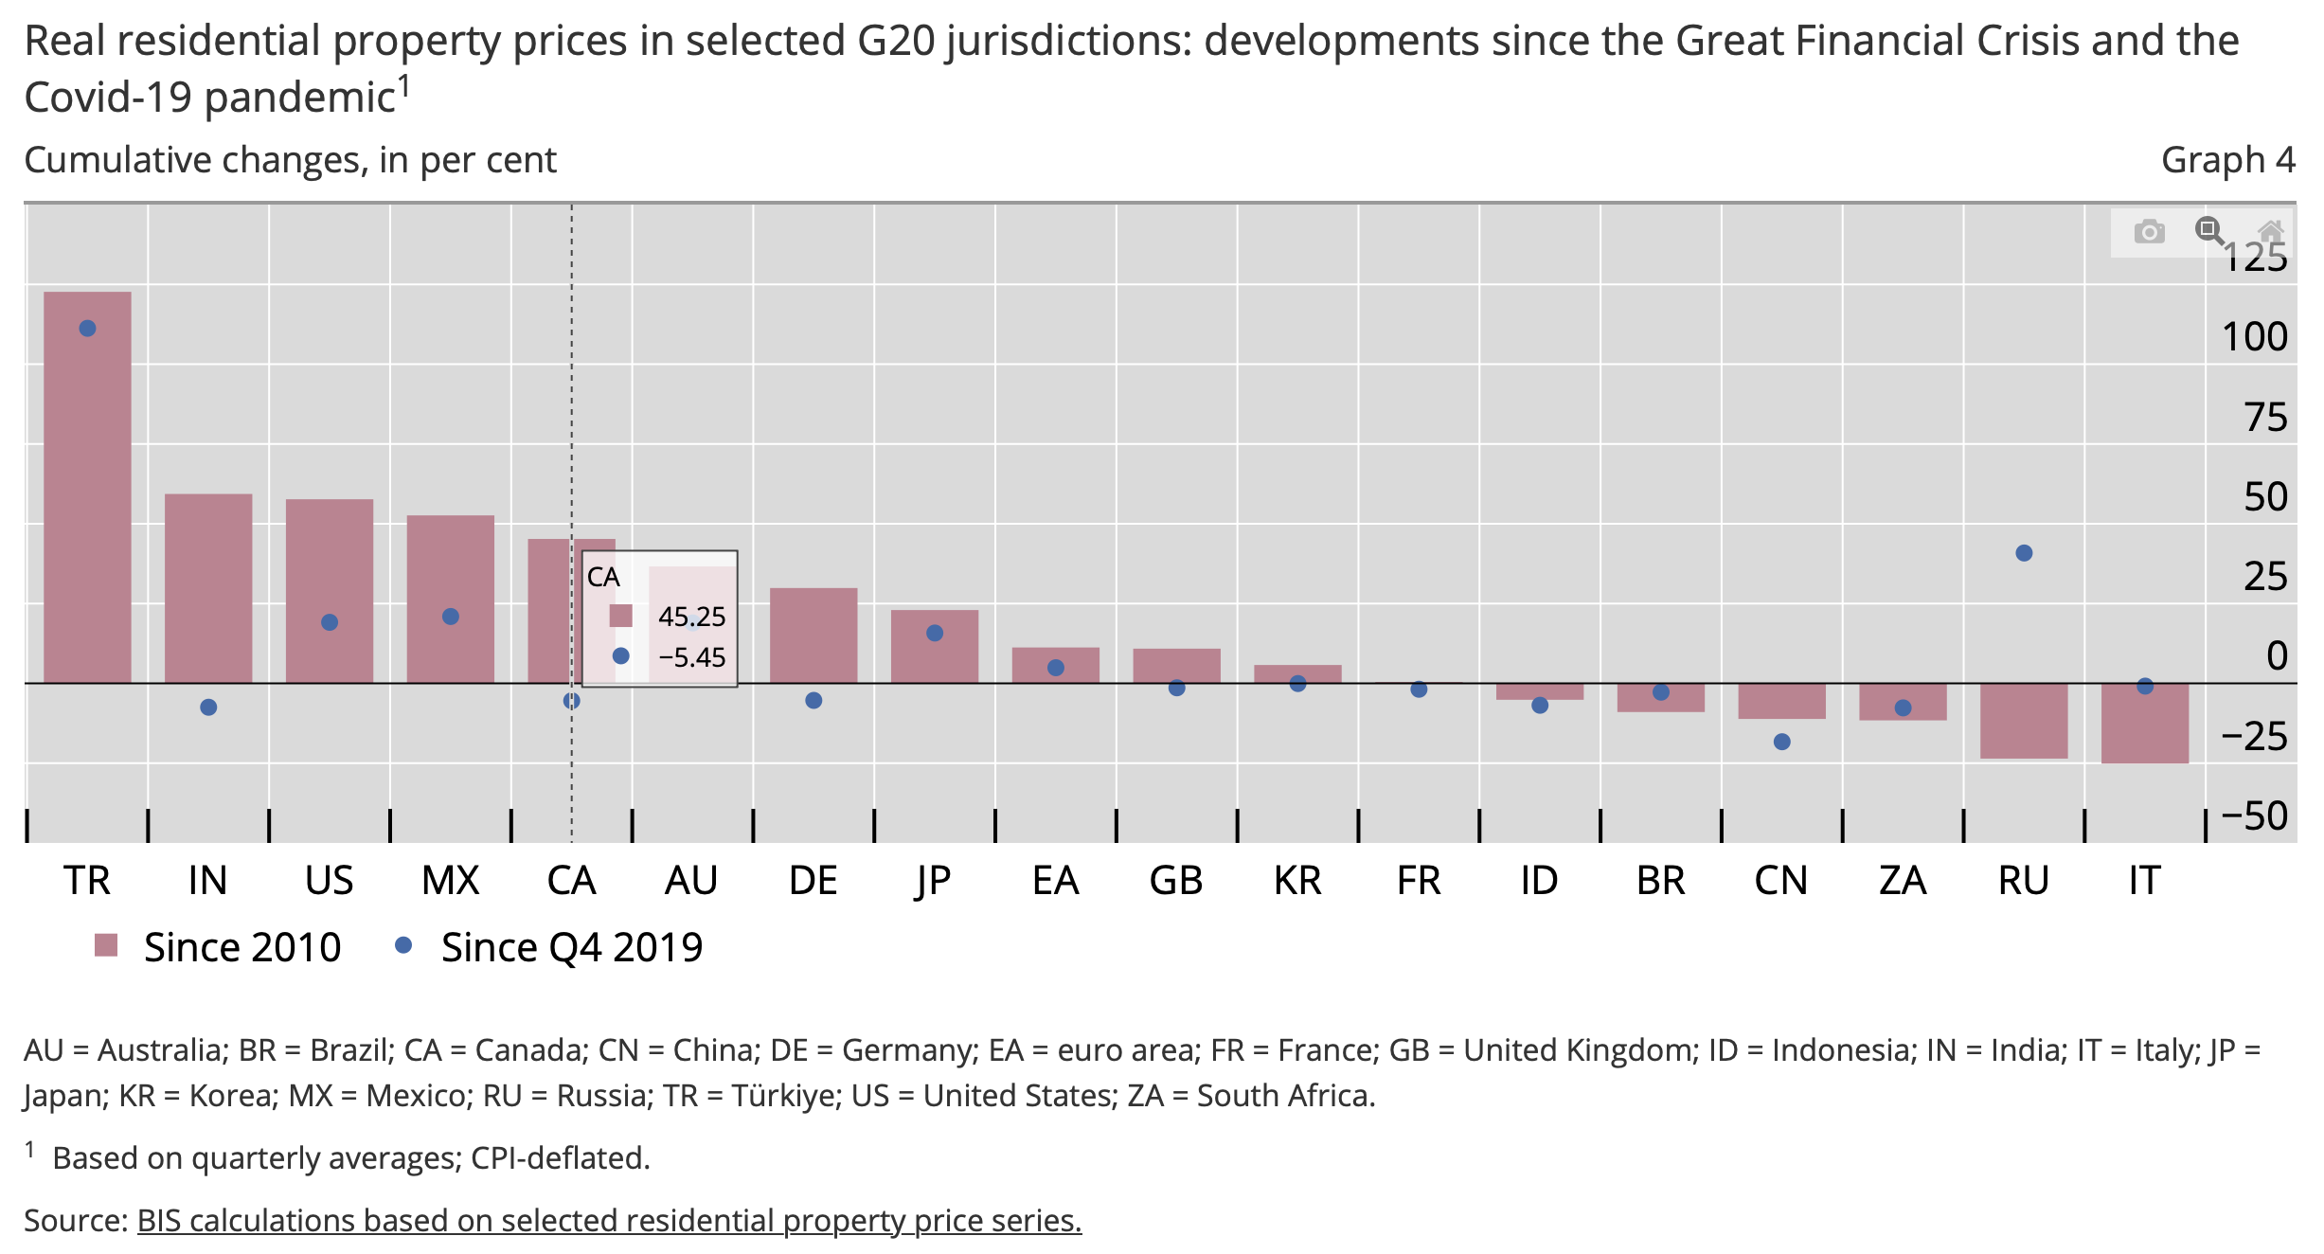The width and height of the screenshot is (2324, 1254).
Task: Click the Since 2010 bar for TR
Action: point(87,488)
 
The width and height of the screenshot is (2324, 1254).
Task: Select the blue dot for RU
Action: point(2024,553)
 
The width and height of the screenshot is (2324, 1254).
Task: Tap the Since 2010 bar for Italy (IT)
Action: point(2144,723)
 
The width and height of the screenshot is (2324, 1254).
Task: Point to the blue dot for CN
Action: point(1781,742)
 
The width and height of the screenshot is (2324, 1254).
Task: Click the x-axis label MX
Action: point(450,881)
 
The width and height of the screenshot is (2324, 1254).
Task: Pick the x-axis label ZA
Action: point(1903,881)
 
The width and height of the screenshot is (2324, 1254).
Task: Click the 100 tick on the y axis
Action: point(2254,337)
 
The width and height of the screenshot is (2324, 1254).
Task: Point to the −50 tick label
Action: point(2254,816)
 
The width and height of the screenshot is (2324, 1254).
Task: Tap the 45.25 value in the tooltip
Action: point(691,617)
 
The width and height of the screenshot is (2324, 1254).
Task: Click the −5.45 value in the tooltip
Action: point(691,657)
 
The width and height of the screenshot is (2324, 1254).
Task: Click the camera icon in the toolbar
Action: point(2149,232)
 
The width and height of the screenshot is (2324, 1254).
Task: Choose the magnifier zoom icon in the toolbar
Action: point(2209,230)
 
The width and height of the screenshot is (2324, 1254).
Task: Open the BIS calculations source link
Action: point(609,1221)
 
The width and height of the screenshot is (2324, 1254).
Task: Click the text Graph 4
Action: point(2227,160)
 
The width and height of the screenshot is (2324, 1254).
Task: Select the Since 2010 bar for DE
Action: point(813,636)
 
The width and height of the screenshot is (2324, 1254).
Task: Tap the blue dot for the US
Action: point(330,622)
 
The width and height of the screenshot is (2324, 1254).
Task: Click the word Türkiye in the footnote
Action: point(787,1096)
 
